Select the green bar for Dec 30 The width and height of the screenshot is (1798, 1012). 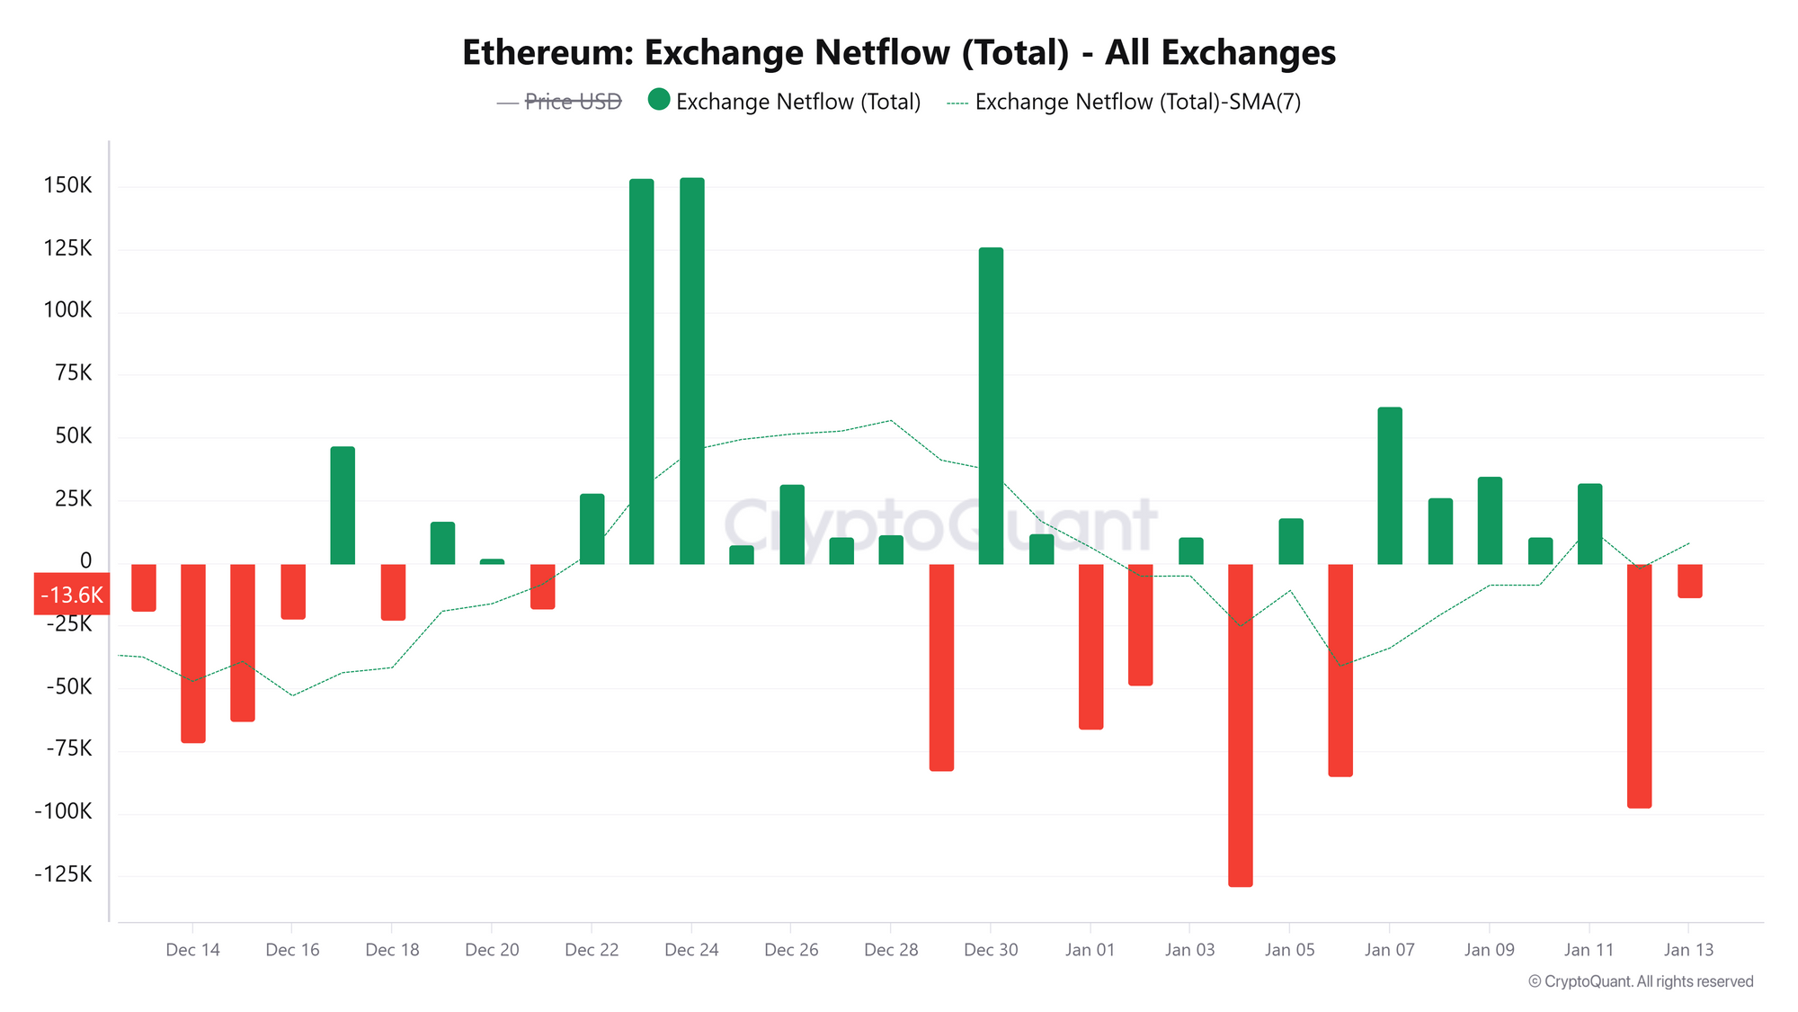coord(991,406)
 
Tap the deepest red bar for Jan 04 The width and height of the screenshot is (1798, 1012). coord(1240,725)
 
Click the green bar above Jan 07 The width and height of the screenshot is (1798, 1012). coord(1389,486)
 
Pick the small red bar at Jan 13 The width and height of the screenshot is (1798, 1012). coord(1689,581)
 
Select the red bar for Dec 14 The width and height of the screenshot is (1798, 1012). coord(192,653)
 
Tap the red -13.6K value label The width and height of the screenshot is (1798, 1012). coord(72,595)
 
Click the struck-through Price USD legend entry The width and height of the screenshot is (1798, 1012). coord(559,102)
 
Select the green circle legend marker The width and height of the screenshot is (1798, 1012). coord(659,100)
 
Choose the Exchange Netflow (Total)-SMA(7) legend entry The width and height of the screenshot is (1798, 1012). coord(1124,102)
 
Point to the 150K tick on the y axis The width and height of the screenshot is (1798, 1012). coord(68,185)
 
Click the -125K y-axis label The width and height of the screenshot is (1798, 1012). coord(63,874)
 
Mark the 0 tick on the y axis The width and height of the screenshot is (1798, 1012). coord(86,561)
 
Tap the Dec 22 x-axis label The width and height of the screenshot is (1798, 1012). coord(592,950)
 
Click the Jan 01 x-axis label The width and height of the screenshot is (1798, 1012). coord(1090,950)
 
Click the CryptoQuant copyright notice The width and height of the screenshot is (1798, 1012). coord(1641,981)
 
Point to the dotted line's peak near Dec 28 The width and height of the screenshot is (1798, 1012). coord(890,420)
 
